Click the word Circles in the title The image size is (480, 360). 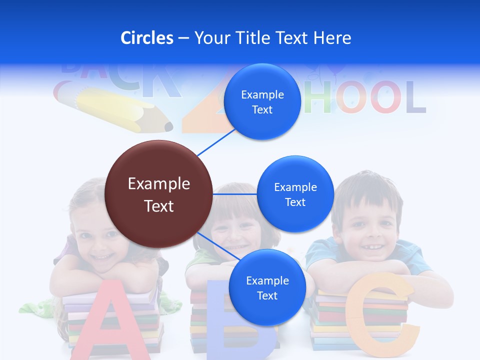pos(147,38)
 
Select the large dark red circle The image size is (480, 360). pos(159,194)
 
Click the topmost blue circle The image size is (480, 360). pos(262,102)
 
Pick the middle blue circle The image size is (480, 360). pos(295,194)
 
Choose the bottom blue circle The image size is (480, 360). pos(267,288)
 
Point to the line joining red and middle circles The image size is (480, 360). pos(235,194)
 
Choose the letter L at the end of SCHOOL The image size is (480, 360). pos(416,97)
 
